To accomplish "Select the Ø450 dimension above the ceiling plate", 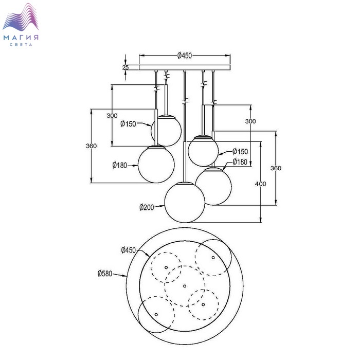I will (x=185, y=56).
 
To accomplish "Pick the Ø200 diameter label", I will (x=147, y=207).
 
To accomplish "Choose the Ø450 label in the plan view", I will (x=129, y=250).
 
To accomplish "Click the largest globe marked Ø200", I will (x=185, y=202).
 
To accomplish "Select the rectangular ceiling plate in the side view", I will (x=185, y=67).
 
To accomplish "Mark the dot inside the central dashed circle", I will (x=184, y=285).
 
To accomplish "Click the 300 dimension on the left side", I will (x=112, y=116).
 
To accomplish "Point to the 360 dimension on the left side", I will (x=92, y=146).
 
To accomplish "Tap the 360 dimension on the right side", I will (x=276, y=168).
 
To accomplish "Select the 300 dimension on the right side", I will (x=250, y=121).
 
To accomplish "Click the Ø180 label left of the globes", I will (x=119, y=165).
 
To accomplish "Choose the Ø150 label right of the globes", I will (x=240, y=151).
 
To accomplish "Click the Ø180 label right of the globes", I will (x=240, y=162).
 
